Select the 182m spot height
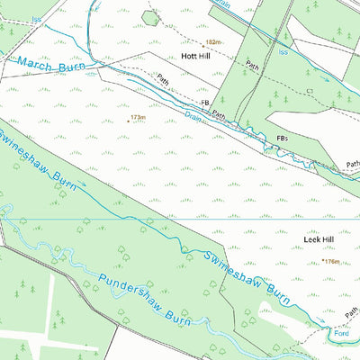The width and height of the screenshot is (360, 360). pyautogui.click(x=212, y=42)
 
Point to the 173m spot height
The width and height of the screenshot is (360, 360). pyautogui.click(x=137, y=117)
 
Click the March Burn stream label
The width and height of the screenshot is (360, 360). pyautogui.click(x=51, y=65)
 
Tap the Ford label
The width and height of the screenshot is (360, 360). pyautogui.click(x=341, y=331)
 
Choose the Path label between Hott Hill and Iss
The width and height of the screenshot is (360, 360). pyautogui.click(x=253, y=65)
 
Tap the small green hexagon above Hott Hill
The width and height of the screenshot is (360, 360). pyautogui.click(x=151, y=17)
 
